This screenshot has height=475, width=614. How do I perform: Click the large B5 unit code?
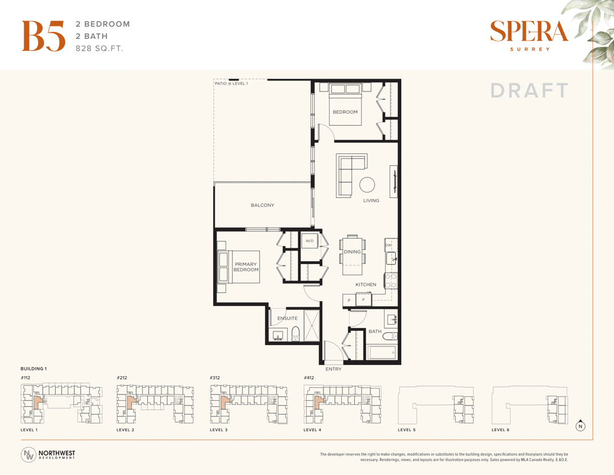point(43,36)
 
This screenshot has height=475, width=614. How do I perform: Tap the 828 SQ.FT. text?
point(99,49)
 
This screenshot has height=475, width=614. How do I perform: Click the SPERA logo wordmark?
point(529,32)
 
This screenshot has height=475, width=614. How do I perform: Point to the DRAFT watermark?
point(529,90)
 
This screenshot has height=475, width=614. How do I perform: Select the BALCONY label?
point(262,205)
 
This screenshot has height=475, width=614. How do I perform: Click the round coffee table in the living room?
point(367,184)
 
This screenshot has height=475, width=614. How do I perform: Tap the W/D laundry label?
point(310,241)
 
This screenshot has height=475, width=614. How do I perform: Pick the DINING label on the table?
point(352,252)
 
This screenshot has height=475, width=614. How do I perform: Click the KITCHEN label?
point(365,285)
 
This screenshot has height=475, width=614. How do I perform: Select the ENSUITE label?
point(288,319)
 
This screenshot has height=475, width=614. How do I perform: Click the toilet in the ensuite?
point(296,333)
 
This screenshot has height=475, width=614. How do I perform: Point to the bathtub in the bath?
point(382,352)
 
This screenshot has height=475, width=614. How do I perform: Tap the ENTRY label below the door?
point(333,369)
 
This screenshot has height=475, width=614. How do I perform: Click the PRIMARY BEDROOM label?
point(246,267)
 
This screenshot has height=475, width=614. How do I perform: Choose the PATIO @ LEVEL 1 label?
point(231,83)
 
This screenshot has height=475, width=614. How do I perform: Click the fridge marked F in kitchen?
point(364,300)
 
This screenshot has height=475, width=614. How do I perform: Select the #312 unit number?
point(215,378)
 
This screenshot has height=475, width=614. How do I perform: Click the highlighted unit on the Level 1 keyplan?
point(37,402)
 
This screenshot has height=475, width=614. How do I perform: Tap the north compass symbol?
point(581,426)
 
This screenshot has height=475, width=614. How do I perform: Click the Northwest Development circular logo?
point(28,455)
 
